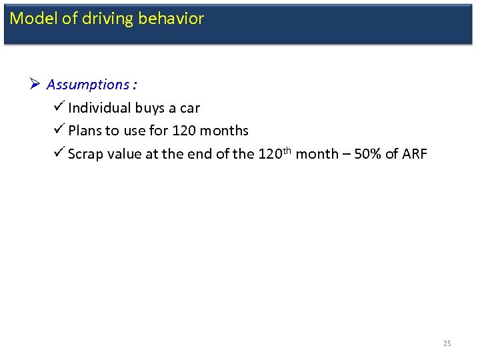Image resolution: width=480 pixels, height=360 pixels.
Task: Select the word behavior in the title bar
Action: [171, 19]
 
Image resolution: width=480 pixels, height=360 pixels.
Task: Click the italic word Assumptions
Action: [89, 85]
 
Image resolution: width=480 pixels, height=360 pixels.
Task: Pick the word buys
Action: [151, 108]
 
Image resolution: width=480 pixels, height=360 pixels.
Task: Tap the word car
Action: [189, 108]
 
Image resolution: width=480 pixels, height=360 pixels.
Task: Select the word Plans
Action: [85, 131]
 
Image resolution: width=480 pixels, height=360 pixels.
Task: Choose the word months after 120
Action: [225, 131]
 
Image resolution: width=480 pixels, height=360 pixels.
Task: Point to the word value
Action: [123, 154]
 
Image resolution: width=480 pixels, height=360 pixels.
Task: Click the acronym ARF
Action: [413, 154]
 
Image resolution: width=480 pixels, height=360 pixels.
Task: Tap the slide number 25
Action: [447, 343]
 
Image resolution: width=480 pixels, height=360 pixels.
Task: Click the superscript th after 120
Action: [286, 150]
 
